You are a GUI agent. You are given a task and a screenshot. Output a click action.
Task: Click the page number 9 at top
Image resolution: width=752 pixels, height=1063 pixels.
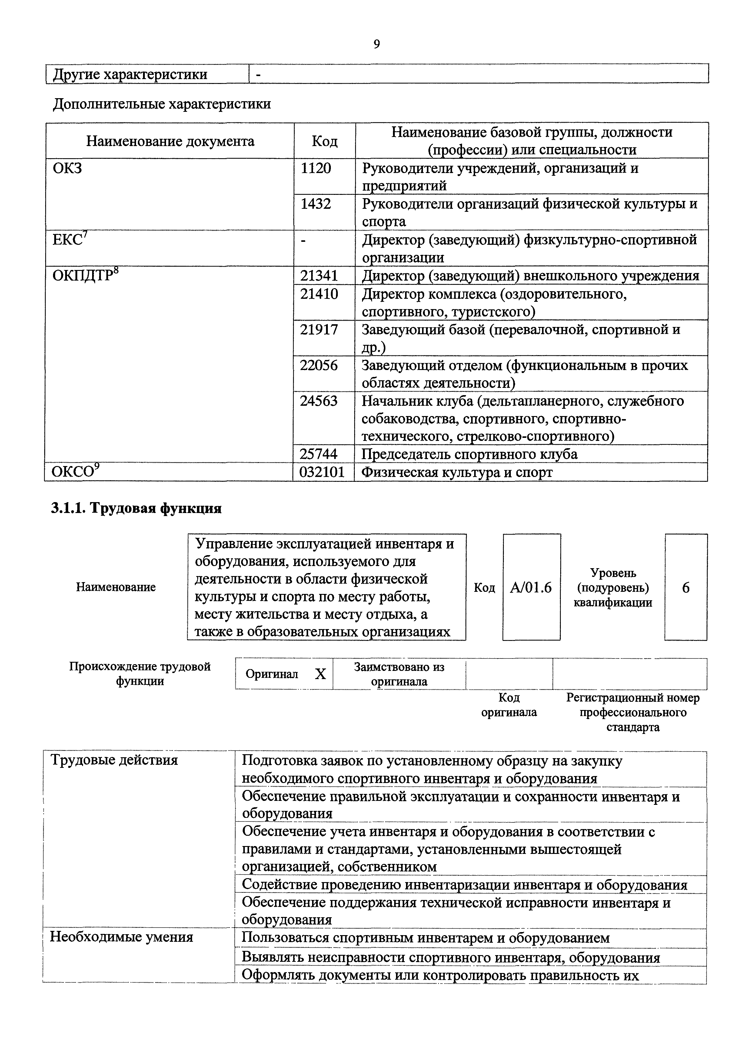(376, 45)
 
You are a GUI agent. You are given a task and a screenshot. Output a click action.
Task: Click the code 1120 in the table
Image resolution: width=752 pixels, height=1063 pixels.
(316, 168)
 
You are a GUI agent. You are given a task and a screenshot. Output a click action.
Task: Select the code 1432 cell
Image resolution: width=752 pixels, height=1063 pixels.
(316, 204)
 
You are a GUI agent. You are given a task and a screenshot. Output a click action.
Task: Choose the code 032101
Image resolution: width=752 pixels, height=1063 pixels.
(322, 472)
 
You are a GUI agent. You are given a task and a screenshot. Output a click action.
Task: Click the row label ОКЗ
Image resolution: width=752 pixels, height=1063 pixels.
(67, 168)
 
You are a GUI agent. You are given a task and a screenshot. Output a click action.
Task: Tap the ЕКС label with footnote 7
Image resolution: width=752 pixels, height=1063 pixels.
(69, 240)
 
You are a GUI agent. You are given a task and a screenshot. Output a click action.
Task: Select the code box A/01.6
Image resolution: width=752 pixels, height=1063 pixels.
(531, 588)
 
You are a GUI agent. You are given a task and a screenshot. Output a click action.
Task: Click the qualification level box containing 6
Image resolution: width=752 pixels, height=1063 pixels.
(686, 588)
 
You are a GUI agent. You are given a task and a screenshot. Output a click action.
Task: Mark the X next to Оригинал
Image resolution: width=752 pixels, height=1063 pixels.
(321, 674)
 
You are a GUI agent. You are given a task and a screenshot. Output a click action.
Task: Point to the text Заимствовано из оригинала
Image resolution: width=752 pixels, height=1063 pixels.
(399, 674)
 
